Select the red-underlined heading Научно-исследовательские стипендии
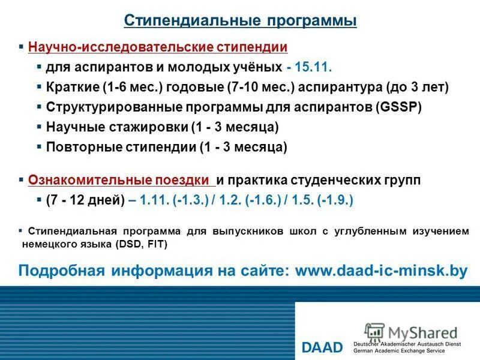tap(158, 47)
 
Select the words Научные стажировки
tap(116, 127)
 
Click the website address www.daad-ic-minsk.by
tap(382, 270)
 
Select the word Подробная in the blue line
tap(55, 270)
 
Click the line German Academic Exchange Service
tap(404, 350)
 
